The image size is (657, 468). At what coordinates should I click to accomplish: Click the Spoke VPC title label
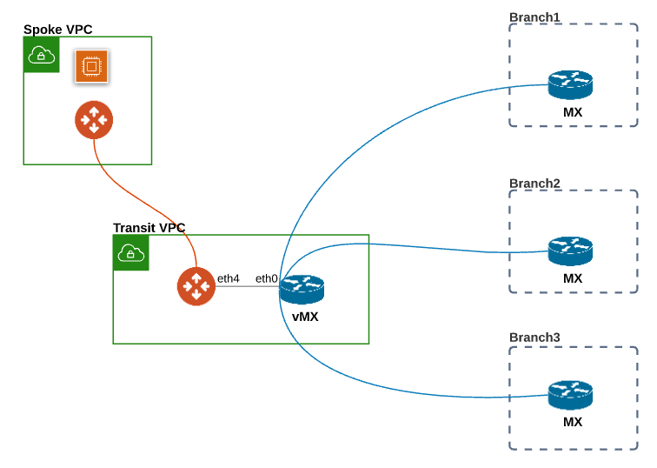[57, 30]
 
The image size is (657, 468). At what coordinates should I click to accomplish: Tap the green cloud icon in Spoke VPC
[41, 55]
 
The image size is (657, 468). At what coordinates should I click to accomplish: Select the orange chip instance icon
[91, 67]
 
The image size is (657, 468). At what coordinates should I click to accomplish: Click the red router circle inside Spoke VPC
[94, 120]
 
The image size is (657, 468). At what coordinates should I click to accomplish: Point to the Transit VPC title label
[149, 228]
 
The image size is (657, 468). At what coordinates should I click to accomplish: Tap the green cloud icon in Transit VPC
[131, 252]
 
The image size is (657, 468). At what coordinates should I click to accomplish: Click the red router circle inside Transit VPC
[196, 286]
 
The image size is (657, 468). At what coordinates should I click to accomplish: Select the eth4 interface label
[229, 278]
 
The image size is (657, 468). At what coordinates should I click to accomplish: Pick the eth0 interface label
[266, 278]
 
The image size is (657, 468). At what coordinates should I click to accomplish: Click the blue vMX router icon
[302, 289]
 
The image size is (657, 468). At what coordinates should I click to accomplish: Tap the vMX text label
[305, 317]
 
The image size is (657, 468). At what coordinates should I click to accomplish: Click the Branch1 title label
[534, 17]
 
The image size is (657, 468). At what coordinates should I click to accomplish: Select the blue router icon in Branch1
[570, 84]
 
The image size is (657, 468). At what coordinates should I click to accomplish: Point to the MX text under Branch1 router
[572, 112]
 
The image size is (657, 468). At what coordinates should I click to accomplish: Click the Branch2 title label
[534, 184]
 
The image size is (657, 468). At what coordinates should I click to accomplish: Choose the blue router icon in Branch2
[570, 251]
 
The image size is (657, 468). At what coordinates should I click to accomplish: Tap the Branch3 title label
[534, 337]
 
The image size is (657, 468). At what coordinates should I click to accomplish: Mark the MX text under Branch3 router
[572, 422]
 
